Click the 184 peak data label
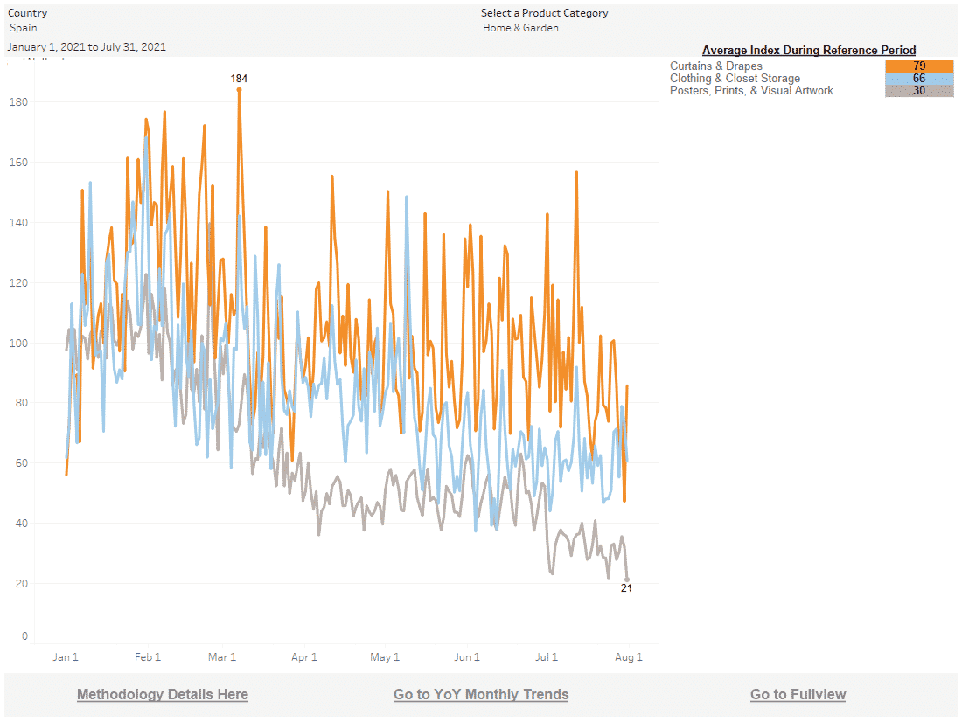pyautogui.click(x=239, y=79)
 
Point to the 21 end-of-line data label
pyautogui.click(x=626, y=588)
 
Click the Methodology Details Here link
pyautogui.click(x=163, y=694)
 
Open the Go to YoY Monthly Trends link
pyautogui.click(x=481, y=694)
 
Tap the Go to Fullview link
pyautogui.click(x=798, y=694)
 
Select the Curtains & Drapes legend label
pyautogui.click(x=715, y=66)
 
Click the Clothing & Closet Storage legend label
pyautogui.click(x=735, y=79)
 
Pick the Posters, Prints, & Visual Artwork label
pyautogui.click(x=751, y=91)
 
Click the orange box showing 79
pyautogui.click(x=919, y=66)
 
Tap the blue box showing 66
pyautogui.click(x=919, y=79)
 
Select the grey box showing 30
pyautogui.click(x=919, y=91)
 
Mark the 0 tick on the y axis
pyautogui.click(x=24, y=636)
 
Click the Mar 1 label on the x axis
pyautogui.click(x=222, y=657)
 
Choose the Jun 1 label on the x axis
pyautogui.click(x=467, y=657)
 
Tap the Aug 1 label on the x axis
pyautogui.click(x=629, y=657)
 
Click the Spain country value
pyautogui.click(x=24, y=28)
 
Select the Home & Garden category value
pyautogui.click(x=520, y=28)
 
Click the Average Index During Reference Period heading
pyautogui.click(x=809, y=51)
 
